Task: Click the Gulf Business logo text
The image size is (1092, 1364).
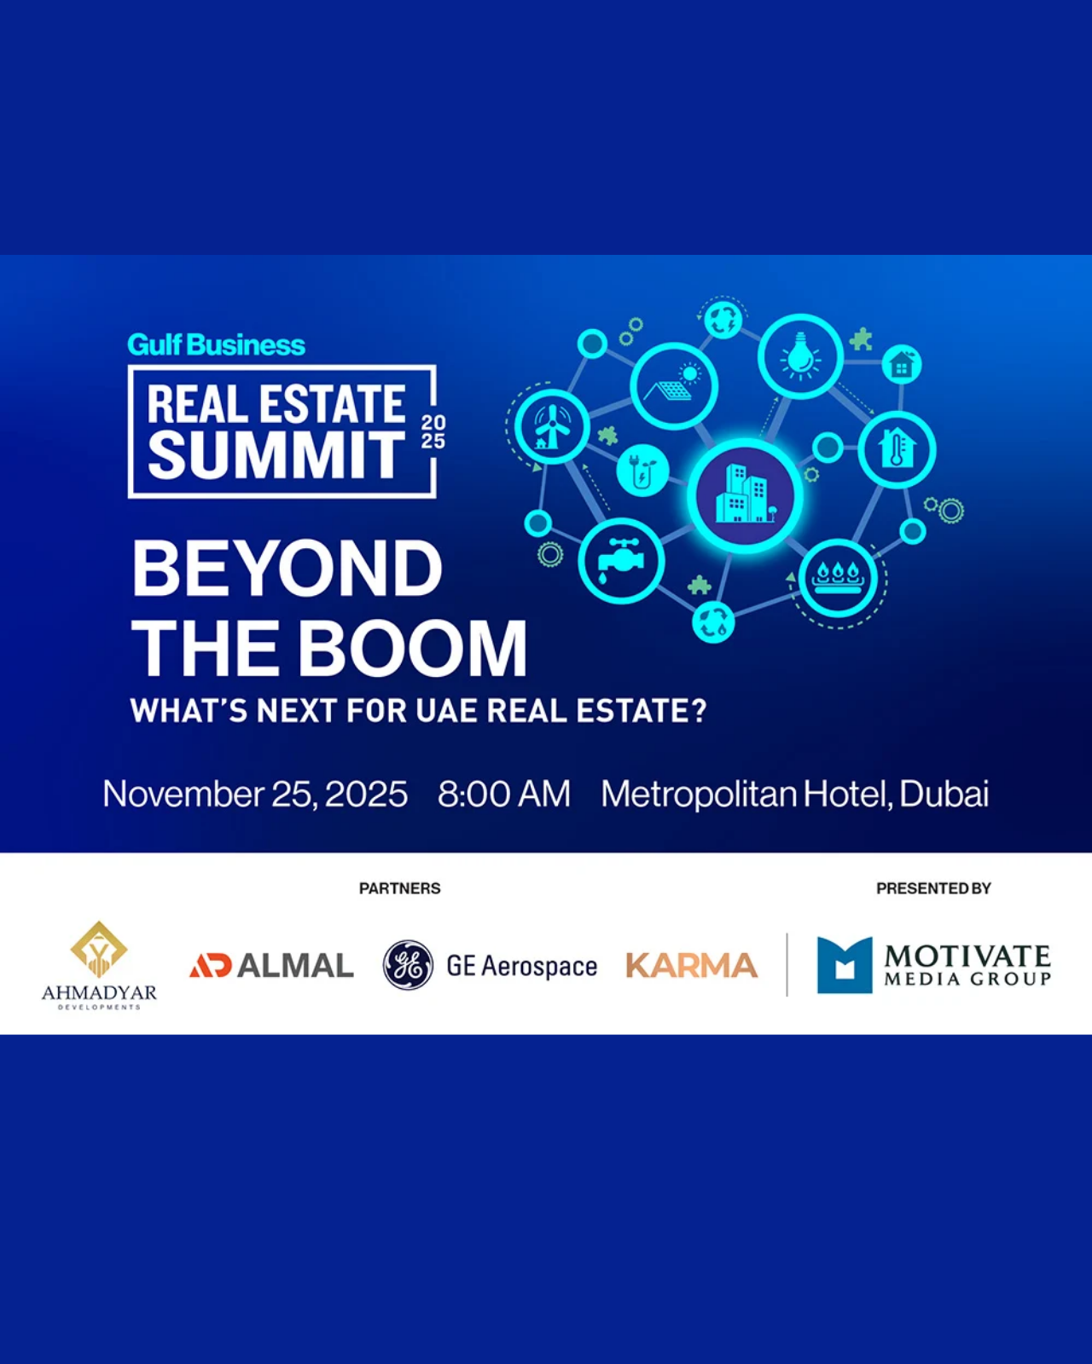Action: point(217,345)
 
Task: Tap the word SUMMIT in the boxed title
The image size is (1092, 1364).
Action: point(276,455)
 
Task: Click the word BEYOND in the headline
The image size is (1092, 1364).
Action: point(287,569)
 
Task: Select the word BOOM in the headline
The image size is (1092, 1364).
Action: point(412,649)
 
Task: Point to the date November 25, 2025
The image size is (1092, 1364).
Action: point(255,795)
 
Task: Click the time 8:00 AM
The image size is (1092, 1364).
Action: point(504,795)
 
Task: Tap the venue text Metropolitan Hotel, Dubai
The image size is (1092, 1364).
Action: point(795,795)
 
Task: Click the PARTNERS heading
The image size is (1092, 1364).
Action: point(400,888)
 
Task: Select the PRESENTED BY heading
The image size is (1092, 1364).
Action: point(933,888)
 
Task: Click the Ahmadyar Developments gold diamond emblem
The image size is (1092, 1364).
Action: point(98,948)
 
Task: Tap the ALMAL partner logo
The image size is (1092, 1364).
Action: point(271,965)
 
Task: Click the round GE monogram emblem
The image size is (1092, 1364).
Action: point(408,965)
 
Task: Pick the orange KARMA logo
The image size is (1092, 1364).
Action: point(692,965)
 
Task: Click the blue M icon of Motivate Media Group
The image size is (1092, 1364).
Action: point(845,965)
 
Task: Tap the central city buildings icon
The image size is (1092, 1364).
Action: point(745,496)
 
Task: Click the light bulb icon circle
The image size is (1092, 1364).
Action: point(801,357)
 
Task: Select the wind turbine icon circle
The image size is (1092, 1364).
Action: point(552,426)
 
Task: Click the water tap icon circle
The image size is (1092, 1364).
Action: point(621,561)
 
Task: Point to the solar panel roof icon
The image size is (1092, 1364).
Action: point(674,385)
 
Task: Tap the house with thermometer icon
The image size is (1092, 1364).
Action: point(897,448)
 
